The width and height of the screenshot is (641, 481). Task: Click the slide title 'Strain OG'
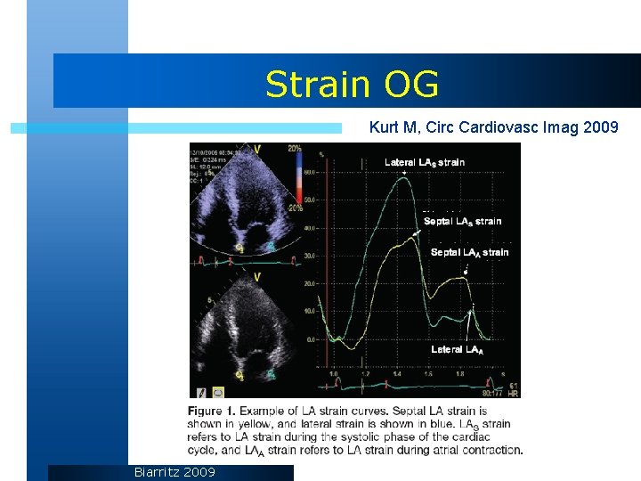point(352,85)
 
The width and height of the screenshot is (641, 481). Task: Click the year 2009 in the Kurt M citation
point(602,128)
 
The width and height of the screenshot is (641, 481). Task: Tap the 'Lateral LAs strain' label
point(424,162)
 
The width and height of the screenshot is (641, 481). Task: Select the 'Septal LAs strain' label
point(462,221)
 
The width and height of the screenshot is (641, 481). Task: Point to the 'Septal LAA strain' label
point(469,252)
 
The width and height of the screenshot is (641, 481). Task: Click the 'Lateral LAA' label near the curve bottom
point(457,349)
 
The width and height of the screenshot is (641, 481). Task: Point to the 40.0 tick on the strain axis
point(309,228)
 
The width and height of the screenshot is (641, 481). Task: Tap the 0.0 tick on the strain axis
point(309,339)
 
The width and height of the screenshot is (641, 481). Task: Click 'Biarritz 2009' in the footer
point(174,471)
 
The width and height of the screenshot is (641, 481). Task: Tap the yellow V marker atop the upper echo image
point(256,149)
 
